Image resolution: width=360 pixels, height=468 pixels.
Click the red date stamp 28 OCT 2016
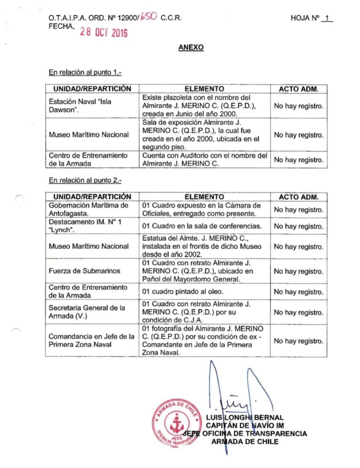click(104, 32)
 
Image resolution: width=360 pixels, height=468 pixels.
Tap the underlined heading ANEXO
click(191, 48)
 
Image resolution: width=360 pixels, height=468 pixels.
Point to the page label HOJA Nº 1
click(312, 18)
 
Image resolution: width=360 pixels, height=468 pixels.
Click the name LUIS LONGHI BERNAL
click(245, 417)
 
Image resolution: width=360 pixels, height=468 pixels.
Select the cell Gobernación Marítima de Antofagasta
click(89, 209)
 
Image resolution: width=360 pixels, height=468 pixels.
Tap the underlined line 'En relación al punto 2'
click(85, 180)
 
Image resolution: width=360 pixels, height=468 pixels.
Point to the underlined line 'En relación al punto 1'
click(85, 72)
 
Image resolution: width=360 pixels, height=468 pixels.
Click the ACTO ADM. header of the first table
click(298, 89)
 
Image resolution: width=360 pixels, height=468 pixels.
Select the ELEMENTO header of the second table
click(204, 197)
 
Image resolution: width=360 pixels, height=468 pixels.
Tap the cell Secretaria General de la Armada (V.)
click(87, 312)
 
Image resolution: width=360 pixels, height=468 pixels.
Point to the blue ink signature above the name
click(233, 393)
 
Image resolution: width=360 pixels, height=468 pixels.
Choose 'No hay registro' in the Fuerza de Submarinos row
click(298, 271)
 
